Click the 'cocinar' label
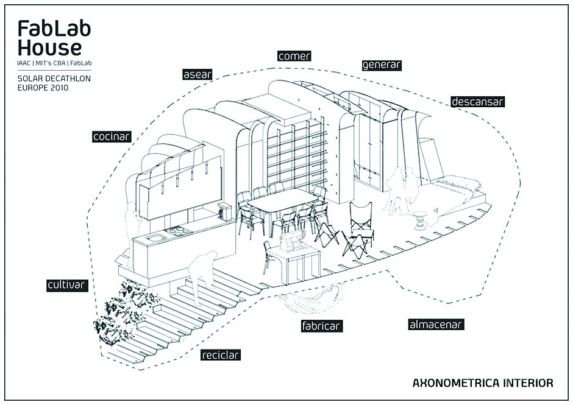pyautogui.click(x=112, y=136)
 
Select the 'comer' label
pyautogui.click(x=294, y=56)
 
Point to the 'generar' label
pyautogui.click(x=382, y=65)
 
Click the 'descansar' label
pyautogui.click(x=478, y=102)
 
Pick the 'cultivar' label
pyautogui.click(x=66, y=285)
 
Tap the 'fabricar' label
pyautogui.click(x=321, y=326)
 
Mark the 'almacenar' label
pyautogui.click(x=436, y=325)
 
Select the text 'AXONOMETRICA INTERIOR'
pyautogui.click(x=483, y=383)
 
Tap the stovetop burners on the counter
pyautogui.click(x=178, y=231)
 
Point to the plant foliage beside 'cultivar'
pyautogui.click(x=125, y=317)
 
